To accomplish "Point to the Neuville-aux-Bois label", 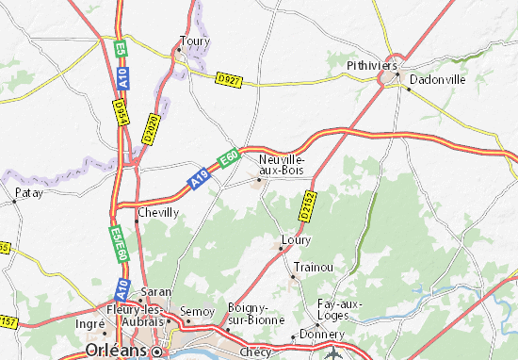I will pyautogui.click(x=280, y=164).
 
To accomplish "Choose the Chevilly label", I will pyautogui.click(x=158, y=213).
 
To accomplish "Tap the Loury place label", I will pyautogui.click(x=297, y=239).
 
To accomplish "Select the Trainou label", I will pyautogui.click(x=313, y=267).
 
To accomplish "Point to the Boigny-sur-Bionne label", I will pyautogui.click(x=250, y=313).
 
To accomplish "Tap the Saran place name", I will pyautogui.click(x=156, y=291).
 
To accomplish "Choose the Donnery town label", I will pyautogui.click(x=317, y=335).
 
